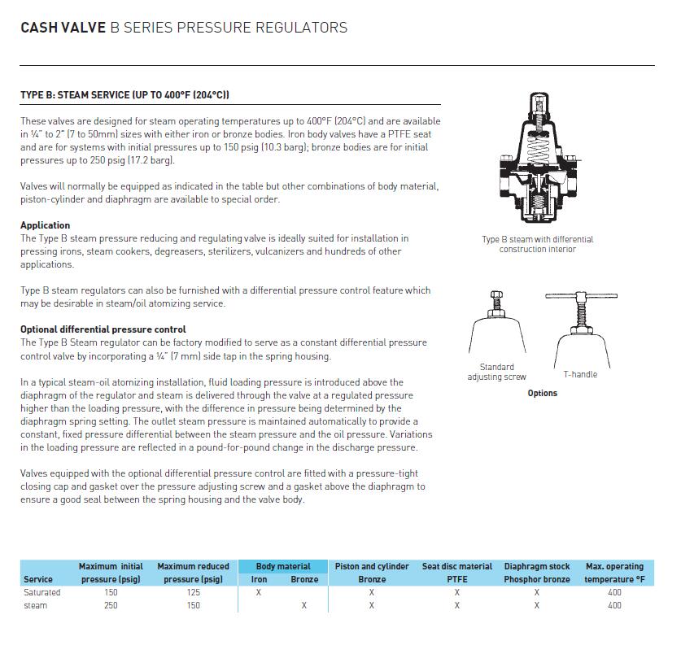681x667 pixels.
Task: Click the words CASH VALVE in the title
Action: (63, 28)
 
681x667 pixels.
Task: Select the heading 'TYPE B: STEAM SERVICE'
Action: (124, 95)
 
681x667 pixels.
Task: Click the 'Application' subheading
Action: (46, 225)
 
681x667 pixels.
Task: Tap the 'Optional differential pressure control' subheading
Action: (103, 329)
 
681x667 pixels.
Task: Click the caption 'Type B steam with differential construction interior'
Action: (538, 244)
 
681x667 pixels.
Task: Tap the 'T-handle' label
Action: (580, 374)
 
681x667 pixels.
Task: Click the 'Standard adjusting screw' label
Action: (496, 372)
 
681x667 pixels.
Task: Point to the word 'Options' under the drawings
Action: (542, 393)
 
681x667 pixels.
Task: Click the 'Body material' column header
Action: (283, 566)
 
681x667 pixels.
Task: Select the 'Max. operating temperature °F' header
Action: (614, 573)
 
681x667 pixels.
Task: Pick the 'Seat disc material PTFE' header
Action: (457, 573)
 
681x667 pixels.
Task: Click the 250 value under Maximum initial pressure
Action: (111, 605)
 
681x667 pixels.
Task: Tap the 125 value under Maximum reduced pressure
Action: (193, 592)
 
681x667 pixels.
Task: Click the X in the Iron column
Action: (259, 592)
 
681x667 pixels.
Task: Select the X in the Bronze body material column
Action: (304, 605)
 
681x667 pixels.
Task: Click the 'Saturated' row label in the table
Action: (42, 592)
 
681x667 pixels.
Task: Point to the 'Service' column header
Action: (38, 579)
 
